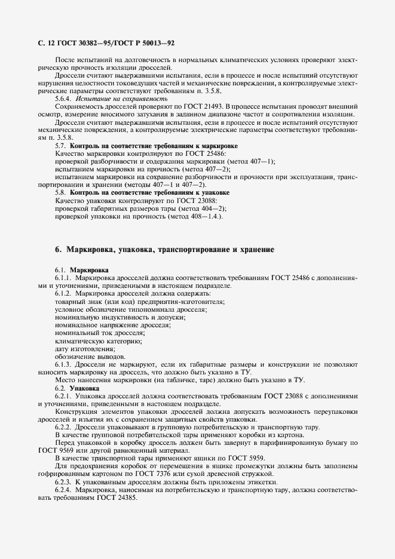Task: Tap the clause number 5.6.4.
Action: tap(65, 99)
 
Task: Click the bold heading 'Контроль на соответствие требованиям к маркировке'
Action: tap(154, 146)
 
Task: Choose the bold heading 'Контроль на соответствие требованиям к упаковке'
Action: tap(150, 193)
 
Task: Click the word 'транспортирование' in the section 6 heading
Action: tap(194, 250)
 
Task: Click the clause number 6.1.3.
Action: tap(65, 364)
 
